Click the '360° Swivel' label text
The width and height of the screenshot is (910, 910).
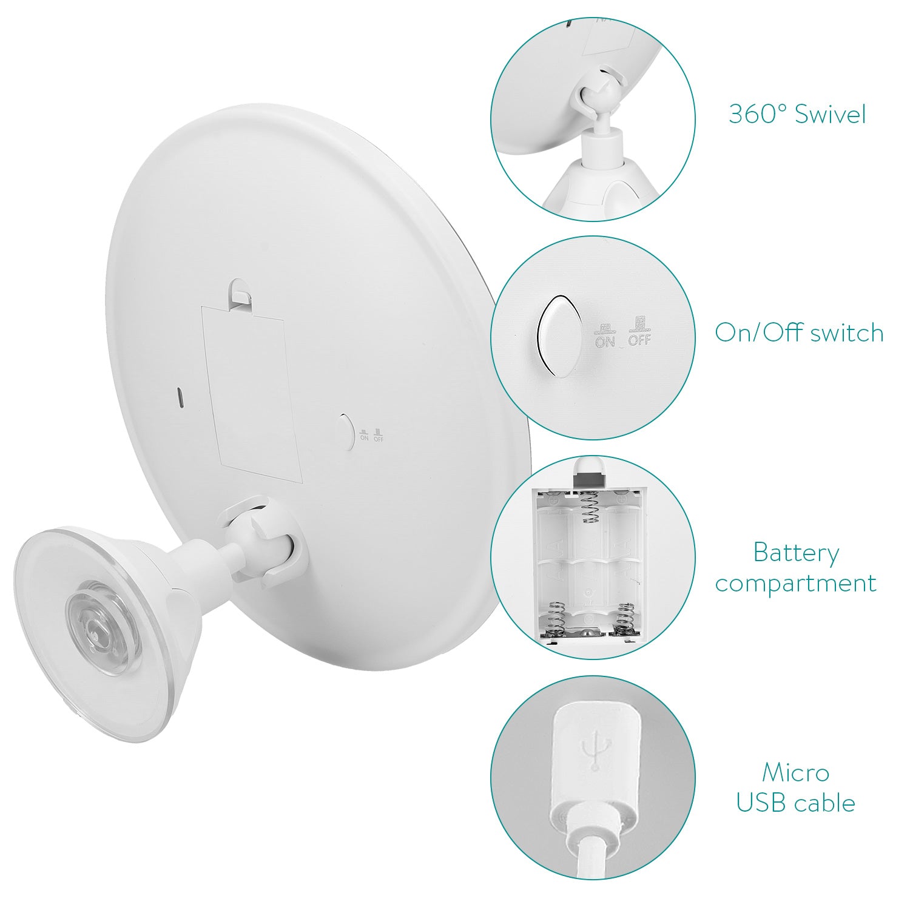tap(797, 114)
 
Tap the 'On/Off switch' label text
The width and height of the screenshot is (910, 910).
tap(799, 332)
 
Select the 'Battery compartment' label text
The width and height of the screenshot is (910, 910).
tap(796, 568)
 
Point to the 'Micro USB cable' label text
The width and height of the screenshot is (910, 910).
tap(796, 787)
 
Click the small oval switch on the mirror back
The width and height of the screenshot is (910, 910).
tap(345, 432)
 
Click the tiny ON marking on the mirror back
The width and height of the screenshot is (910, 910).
tap(364, 434)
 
